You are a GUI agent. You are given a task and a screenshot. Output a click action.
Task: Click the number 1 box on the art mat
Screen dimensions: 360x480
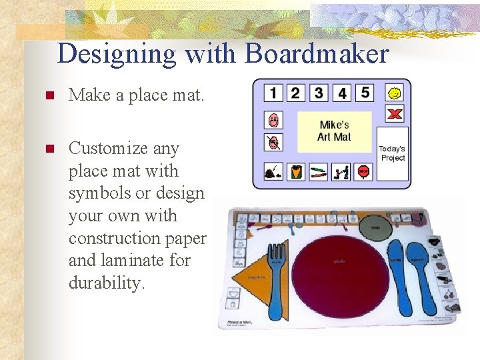[x=273, y=92]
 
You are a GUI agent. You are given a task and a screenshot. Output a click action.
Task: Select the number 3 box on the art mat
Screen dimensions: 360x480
[x=319, y=92]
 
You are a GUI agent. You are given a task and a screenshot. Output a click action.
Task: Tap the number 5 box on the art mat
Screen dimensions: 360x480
[x=365, y=92]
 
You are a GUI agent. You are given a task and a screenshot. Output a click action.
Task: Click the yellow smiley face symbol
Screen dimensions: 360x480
[x=395, y=93]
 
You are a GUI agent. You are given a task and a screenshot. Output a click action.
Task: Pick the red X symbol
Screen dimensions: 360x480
[x=395, y=114]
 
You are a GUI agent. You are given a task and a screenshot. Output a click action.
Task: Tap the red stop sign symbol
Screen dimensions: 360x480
[x=363, y=172]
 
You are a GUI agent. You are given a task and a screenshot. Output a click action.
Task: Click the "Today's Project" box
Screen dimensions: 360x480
[x=393, y=153]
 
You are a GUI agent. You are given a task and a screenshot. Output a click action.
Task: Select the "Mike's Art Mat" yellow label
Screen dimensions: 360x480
[x=334, y=131]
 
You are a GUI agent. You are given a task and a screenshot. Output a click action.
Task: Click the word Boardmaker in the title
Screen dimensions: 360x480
[x=317, y=53]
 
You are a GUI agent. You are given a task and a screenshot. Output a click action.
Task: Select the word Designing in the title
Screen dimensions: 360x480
[x=117, y=53]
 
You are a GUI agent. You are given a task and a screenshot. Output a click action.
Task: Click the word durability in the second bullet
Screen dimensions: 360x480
[x=106, y=283]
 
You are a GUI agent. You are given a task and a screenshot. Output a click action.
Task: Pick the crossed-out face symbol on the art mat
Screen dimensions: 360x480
[x=273, y=142]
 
